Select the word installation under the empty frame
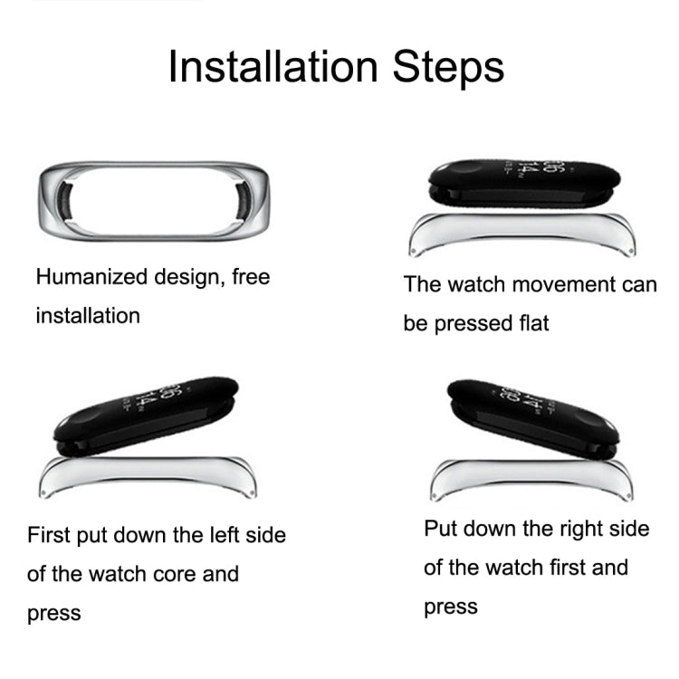pyautogui.click(x=88, y=316)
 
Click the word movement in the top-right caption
pyautogui.click(x=548, y=284)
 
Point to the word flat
pyautogui.click(x=530, y=323)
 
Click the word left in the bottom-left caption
pyautogui.click(x=200, y=535)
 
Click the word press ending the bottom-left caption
pyautogui.click(x=54, y=614)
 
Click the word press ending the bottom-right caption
pyautogui.click(x=451, y=607)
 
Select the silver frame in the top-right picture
pyautogui.click(x=521, y=231)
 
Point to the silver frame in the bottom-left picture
pyautogui.click(x=150, y=473)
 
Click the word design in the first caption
pyautogui.click(x=186, y=277)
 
